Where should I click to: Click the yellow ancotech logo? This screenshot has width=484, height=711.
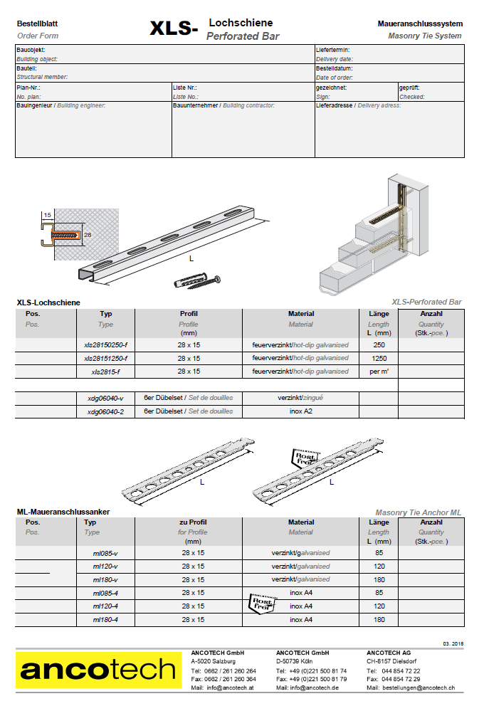[98, 670]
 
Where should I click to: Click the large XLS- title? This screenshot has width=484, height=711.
[174, 28]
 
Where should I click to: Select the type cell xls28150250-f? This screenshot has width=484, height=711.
[106, 345]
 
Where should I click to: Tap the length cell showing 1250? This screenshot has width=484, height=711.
[379, 358]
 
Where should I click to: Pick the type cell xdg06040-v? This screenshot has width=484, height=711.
[105, 398]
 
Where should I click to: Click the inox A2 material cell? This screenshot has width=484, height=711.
[301, 411]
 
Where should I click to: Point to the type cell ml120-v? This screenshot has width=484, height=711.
[105, 567]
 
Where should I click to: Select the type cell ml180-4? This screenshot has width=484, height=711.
[105, 620]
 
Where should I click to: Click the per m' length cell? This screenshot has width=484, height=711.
[379, 372]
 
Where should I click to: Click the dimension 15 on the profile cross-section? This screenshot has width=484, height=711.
[47, 214]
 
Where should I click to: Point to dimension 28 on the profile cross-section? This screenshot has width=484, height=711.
[88, 234]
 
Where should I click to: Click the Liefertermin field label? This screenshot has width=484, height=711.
[332, 51]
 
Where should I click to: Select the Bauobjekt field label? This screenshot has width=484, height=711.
[31, 51]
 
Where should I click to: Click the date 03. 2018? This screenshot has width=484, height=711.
[453, 643]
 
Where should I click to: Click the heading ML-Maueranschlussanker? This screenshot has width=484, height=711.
[63, 512]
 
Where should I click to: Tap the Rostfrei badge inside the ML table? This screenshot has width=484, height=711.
[260, 603]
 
